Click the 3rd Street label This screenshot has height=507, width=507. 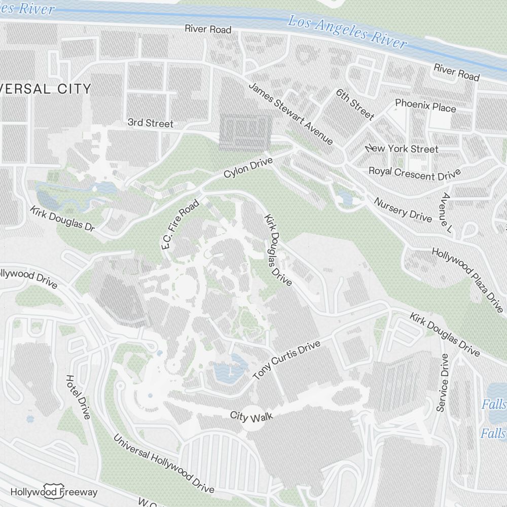point(150,123)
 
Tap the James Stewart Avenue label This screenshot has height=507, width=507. point(290,113)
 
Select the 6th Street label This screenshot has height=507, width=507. point(355,104)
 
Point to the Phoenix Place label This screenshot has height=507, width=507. point(425,106)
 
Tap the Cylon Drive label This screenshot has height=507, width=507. point(248,168)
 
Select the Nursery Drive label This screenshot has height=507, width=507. point(403,209)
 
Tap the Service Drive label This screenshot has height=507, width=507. point(442,383)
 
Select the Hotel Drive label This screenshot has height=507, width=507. point(78,397)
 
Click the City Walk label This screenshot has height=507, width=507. point(251,416)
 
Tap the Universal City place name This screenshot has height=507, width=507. point(46,89)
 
